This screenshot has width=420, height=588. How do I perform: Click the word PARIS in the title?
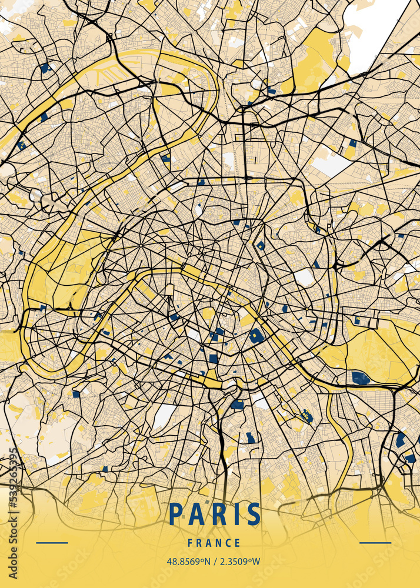coord(215,514)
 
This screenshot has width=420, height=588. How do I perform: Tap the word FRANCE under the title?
coord(214,543)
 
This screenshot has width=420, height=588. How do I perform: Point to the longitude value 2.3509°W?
coord(240,562)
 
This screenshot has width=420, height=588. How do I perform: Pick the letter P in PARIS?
coord(175,514)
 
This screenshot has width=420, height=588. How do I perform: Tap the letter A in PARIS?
coord(196,514)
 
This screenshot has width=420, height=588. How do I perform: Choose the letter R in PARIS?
coord(218,514)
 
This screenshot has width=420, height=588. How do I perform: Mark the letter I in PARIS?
coord(236,514)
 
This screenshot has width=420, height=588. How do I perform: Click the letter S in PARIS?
coord(254,514)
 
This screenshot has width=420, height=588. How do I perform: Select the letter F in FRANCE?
coord(191,543)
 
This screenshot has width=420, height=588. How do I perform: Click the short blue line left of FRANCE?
coord(52,543)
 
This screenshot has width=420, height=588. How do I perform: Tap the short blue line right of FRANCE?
coord(375,543)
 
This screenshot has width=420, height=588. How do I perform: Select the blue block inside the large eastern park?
coord(361,378)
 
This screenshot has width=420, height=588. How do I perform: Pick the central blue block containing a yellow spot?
coord(256,336)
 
